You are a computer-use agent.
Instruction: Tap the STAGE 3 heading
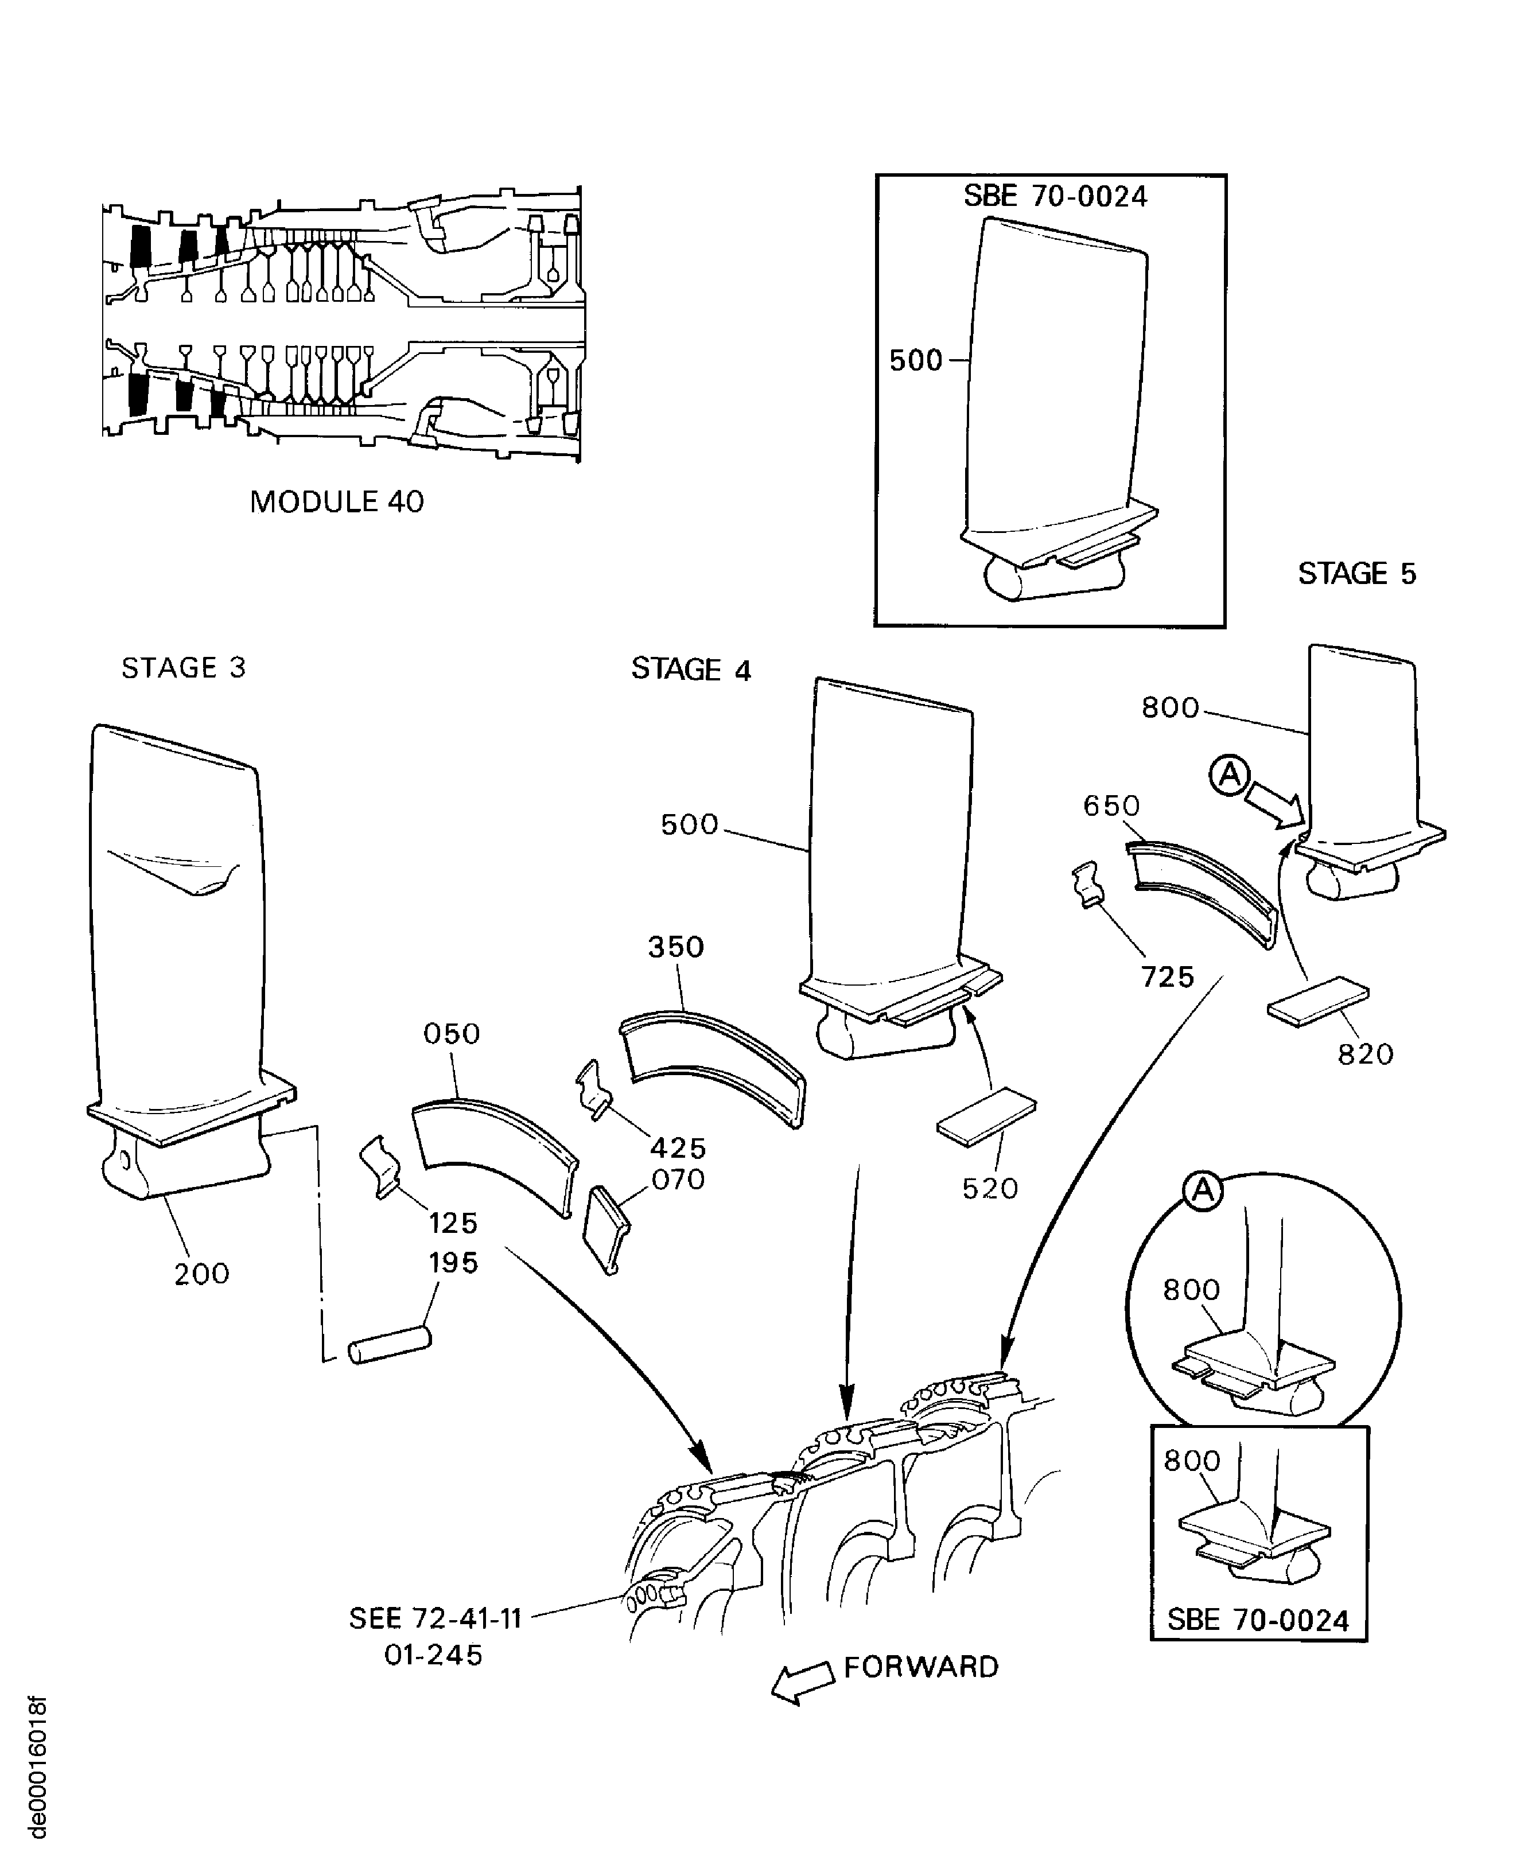click(x=183, y=668)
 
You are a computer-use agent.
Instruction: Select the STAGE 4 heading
click(x=691, y=670)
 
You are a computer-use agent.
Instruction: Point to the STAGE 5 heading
click(x=1356, y=574)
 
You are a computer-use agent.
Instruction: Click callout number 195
click(x=453, y=1263)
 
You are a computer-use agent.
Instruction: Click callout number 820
click(x=1365, y=1054)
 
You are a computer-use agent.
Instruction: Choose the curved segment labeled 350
click(x=711, y=1067)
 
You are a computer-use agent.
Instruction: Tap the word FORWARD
click(x=921, y=1668)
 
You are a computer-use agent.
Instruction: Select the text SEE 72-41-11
click(x=436, y=1618)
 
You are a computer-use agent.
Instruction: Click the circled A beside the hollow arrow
click(x=1230, y=776)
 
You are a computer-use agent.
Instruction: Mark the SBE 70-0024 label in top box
click(x=1055, y=196)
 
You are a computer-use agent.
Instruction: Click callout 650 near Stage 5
click(x=1111, y=805)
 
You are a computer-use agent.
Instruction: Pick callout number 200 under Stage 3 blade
click(x=201, y=1274)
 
